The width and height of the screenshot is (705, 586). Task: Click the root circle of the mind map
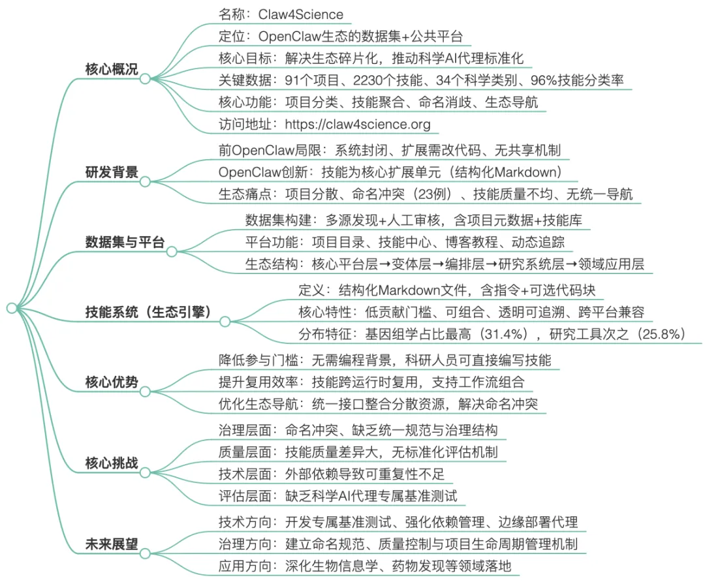click(10, 307)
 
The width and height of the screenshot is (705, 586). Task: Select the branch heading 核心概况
click(112, 69)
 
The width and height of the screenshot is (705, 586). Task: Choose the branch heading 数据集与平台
click(125, 243)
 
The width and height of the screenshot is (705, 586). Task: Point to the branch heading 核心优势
click(112, 382)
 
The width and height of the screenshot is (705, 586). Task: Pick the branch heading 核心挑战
click(112, 463)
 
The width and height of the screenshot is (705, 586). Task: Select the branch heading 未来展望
click(112, 544)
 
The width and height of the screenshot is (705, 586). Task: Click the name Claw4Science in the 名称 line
click(301, 14)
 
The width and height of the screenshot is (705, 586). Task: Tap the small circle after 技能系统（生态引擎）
click(225, 321)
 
